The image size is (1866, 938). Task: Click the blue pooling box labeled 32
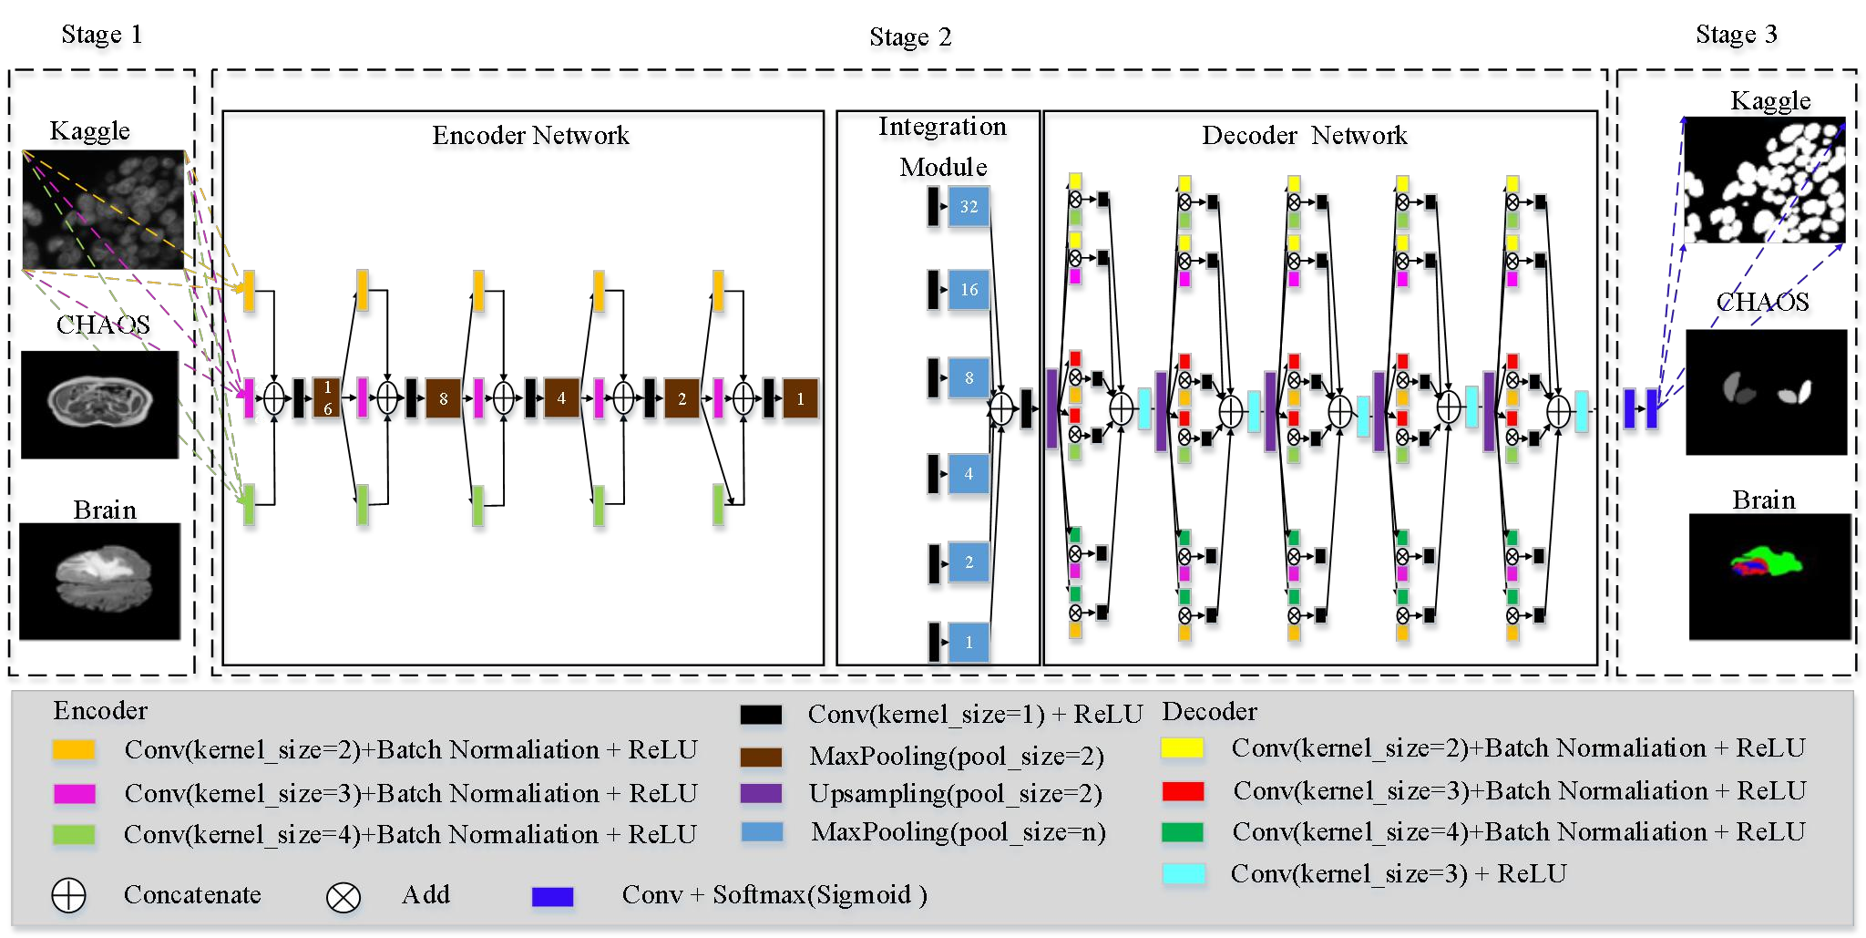[969, 207]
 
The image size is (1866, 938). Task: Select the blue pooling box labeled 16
[969, 290]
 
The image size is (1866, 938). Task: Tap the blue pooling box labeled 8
[969, 378]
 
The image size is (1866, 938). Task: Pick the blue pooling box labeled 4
[969, 474]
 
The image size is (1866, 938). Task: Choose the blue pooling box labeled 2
[969, 562]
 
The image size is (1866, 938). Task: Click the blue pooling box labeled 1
[969, 643]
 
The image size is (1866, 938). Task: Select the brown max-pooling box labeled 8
[444, 398]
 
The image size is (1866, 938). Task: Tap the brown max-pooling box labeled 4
[561, 398]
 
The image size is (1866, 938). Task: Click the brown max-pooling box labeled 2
[682, 398]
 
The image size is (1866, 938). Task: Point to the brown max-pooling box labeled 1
[800, 398]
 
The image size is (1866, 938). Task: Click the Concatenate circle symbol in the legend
[68, 895]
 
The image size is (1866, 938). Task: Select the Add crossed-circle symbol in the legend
[343, 897]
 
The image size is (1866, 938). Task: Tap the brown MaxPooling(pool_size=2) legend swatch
[761, 757]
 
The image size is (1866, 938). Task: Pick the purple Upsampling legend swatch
[761, 793]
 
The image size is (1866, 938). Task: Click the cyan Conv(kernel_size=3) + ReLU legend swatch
[1184, 874]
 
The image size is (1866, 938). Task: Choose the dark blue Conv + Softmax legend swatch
[552, 897]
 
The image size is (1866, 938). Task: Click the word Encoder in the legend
[100, 711]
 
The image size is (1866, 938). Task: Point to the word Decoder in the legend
[1209, 712]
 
